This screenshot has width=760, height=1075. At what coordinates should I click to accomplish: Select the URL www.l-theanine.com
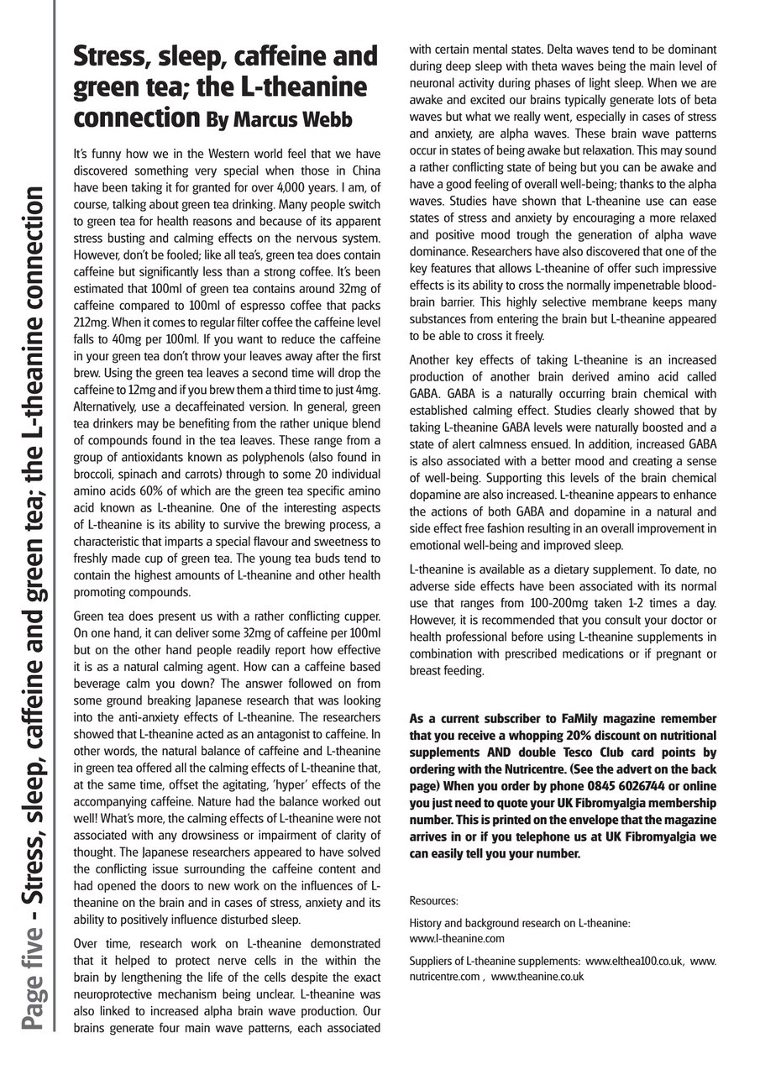457,938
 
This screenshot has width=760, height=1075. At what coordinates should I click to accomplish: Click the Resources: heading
433,900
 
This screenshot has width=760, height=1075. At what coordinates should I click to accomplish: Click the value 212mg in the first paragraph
89,323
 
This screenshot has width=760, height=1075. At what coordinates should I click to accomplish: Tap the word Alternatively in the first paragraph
110,406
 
